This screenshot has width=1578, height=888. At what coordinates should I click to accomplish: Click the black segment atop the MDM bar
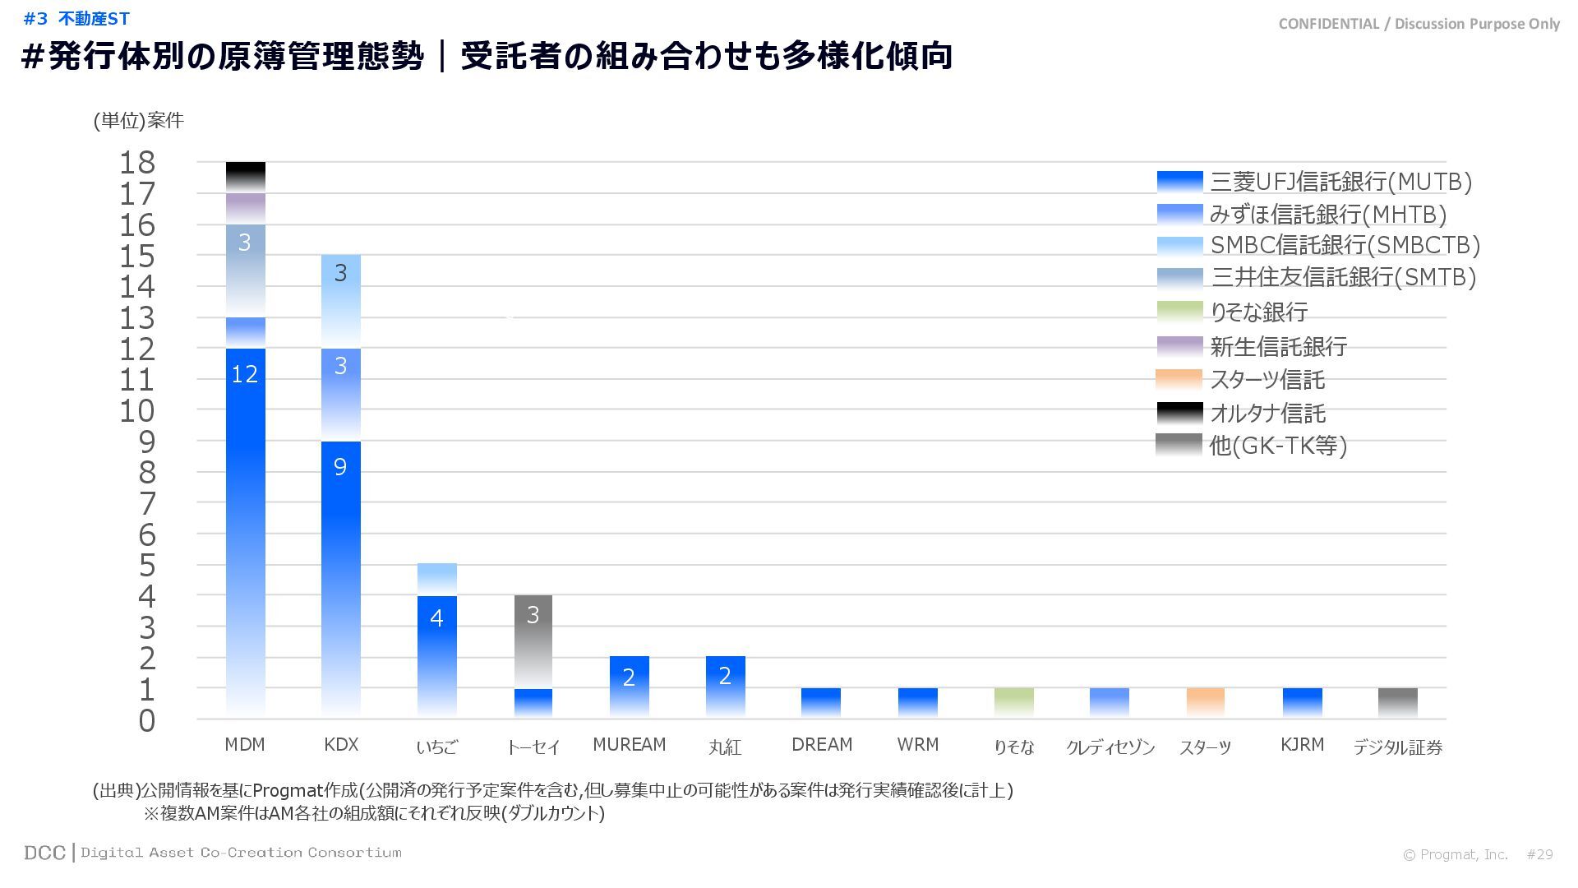(x=245, y=177)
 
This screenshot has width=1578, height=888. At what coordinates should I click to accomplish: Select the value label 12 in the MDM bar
(x=245, y=375)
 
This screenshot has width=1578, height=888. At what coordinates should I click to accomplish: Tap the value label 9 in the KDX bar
(x=340, y=467)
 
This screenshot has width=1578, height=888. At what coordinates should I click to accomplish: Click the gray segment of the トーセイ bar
(x=533, y=641)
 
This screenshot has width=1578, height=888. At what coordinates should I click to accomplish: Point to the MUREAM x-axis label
(x=629, y=745)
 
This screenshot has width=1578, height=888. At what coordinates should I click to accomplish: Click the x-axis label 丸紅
(x=725, y=747)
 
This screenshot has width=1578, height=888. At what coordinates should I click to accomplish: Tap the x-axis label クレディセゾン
(x=1110, y=747)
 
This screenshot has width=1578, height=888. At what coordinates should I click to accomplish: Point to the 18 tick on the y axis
(x=136, y=163)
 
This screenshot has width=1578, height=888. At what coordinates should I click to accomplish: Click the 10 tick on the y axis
(x=136, y=411)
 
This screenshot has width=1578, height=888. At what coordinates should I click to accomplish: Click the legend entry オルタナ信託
(x=1267, y=413)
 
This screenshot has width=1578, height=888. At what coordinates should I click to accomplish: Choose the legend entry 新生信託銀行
(x=1278, y=347)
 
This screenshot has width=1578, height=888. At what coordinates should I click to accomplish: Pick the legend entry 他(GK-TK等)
(x=1278, y=446)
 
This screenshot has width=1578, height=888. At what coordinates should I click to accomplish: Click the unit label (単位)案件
(x=138, y=121)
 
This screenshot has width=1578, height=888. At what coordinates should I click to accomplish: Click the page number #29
(x=1539, y=854)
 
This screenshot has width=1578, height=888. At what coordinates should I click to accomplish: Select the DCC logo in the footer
(x=44, y=853)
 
